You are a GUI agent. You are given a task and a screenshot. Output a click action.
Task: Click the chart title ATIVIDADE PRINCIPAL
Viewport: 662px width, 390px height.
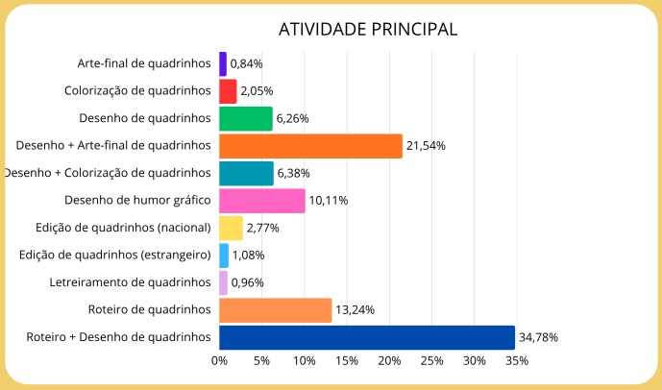(368, 29)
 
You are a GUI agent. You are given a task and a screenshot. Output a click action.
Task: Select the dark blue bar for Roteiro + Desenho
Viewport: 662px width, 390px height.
(367, 337)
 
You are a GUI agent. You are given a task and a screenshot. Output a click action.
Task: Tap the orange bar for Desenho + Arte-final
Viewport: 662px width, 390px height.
(310, 146)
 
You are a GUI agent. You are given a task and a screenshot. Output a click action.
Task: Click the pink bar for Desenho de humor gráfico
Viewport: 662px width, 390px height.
(261, 201)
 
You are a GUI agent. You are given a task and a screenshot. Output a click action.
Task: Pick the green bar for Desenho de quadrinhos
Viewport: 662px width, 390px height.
(246, 118)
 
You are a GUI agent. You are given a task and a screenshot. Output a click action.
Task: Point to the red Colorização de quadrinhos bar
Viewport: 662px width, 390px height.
(228, 91)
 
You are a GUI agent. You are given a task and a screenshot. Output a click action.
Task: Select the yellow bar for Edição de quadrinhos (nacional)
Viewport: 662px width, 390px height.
(231, 228)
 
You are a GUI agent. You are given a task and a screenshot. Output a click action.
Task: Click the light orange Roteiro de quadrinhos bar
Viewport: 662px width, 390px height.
(275, 309)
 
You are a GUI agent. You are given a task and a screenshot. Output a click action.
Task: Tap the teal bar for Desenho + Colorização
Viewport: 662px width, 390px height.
(246, 173)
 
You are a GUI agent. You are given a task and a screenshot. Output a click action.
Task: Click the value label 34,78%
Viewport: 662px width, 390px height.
(539, 337)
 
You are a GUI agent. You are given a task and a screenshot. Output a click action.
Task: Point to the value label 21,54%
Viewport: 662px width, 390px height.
(427, 146)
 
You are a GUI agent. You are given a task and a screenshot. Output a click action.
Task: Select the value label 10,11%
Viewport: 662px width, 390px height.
(328, 201)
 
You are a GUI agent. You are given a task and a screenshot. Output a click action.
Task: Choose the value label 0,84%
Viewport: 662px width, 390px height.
(247, 63)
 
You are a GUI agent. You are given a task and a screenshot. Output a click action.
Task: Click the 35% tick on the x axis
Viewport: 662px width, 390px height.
(516, 361)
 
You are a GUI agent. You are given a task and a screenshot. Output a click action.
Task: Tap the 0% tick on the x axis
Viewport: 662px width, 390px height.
(220, 361)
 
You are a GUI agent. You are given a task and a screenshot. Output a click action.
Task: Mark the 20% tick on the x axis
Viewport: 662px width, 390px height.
(389, 361)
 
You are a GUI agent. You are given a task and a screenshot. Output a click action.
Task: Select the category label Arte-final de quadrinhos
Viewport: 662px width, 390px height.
(144, 63)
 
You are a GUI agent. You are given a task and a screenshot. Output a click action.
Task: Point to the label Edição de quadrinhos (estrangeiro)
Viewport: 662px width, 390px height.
(115, 255)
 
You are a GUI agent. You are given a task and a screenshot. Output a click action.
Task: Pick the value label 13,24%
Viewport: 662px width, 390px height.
(355, 309)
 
